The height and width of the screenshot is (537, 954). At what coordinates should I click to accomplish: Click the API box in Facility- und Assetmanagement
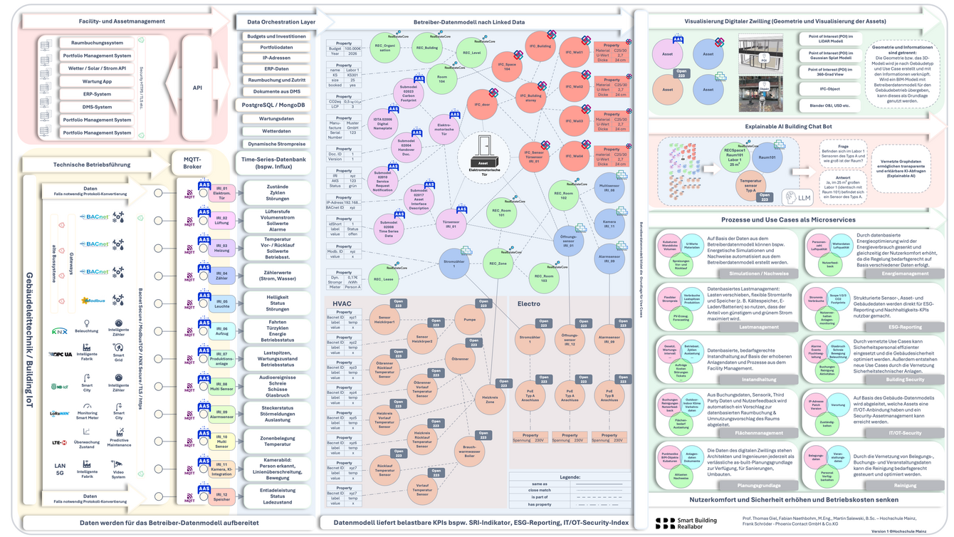(197, 88)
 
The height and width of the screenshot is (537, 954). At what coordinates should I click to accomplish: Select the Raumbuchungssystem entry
(96, 43)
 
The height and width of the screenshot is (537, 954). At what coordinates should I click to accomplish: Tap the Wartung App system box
(96, 81)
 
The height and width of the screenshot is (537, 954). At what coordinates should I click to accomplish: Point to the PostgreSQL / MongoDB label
(274, 105)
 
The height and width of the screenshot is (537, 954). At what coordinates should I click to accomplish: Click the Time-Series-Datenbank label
(274, 163)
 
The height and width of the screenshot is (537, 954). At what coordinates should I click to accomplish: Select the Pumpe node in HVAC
(469, 320)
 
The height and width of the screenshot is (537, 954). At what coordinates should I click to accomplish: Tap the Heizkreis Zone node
(489, 400)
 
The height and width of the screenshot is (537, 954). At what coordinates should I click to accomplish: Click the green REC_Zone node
(498, 264)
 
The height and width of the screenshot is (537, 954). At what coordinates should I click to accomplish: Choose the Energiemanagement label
(905, 273)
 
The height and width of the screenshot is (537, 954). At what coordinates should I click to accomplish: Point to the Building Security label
(905, 380)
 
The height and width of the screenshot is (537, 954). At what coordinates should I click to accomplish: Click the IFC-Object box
(829, 88)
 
